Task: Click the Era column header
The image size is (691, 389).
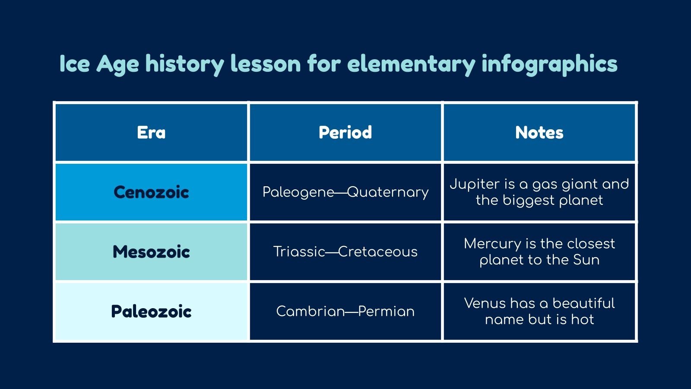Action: (x=151, y=133)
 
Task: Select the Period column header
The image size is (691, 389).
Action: (x=345, y=133)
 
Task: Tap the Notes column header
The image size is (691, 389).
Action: (x=539, y=133)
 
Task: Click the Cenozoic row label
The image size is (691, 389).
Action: (x=151, y=192)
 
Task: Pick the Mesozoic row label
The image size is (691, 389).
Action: (x=151, y=252)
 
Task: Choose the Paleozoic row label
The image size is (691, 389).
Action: (x=151, y=312)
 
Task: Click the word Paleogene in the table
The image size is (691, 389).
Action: (x=298, y=192)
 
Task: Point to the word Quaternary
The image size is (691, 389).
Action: (x=388, y=192)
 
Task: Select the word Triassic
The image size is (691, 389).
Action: (x=299, y=252)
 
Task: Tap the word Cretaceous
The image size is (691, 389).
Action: (x=378, y=252)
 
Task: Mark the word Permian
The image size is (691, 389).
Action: (x=386, y=311)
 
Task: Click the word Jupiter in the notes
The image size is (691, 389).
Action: (x=475, y=185)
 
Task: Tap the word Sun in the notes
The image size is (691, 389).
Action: (x=586, y=260)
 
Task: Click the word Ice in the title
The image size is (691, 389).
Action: (x=74, y=64)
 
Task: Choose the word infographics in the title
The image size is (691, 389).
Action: (x=549, y=64)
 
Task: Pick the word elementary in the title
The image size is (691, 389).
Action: (x=411, y=64)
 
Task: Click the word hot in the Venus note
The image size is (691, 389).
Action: (x=583, y=320)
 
